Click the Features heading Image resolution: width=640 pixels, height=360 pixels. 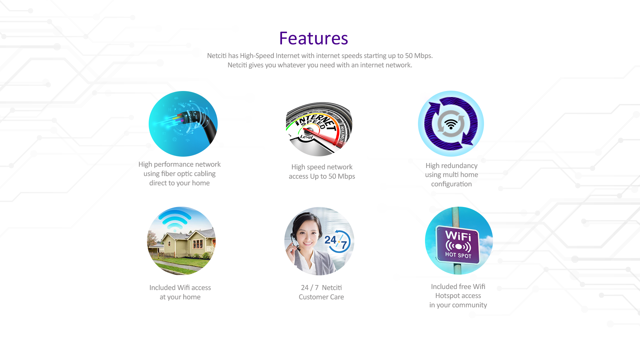click(x=313, y=38)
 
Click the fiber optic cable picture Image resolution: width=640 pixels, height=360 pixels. click(x=183, y=123)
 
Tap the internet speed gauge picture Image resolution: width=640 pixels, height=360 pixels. click(x=319, y=124)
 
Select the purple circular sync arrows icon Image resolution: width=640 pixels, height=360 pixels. click(x=451, y=124)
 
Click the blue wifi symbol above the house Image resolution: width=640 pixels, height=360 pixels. click(x=175, y=220)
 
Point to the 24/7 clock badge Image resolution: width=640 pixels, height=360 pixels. click(x=337, y=241)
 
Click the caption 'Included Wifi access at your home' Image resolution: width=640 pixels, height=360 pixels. click(x=180, y=292)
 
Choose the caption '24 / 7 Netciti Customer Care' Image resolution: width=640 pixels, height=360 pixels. click(x=321, y=292)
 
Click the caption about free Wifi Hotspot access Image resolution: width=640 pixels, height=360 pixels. click(x=458, y=296)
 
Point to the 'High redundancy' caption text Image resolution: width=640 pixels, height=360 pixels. click(x=451, y=166)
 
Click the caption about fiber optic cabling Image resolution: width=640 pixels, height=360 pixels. click(x=179, y=174)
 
